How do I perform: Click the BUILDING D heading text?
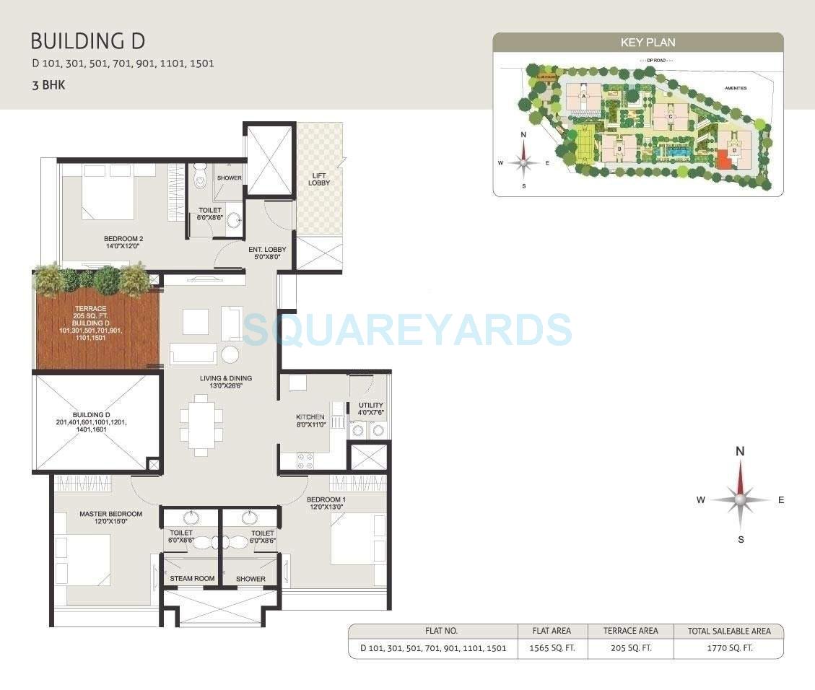tap(88, 41)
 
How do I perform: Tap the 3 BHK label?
tap(49, 85)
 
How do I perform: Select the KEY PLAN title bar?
tap(637, 43)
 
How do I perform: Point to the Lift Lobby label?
tap(319, 179)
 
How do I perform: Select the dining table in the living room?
tap(201, 426)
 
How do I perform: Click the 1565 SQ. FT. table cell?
tap(552, 648)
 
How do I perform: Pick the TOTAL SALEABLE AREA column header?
tap(728, 631)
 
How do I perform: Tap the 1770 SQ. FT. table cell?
tap(728, 648)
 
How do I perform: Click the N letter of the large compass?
tap(740, 452)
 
